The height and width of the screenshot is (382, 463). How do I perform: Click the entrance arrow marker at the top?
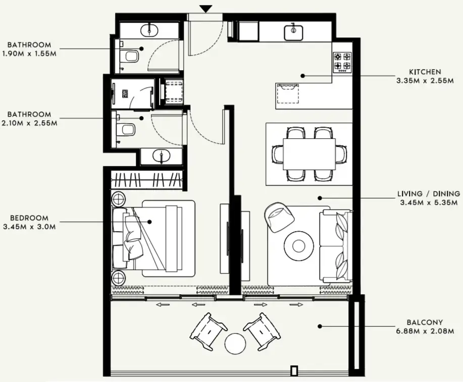point(205,9)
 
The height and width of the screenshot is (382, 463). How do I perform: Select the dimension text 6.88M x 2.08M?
point(425,331)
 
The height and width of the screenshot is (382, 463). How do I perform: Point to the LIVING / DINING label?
point(429,193)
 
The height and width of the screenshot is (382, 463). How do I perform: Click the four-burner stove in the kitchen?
point(342,62)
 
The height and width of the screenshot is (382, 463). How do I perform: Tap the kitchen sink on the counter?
point(292,32)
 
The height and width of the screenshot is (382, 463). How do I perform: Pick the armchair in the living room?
point(279,216)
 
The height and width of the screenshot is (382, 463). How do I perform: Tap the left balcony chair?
point(208,331)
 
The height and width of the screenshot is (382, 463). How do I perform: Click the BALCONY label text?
point(425,322)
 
